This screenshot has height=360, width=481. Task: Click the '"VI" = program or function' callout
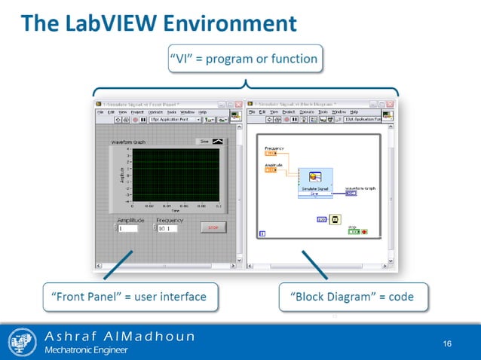tap(243, 58)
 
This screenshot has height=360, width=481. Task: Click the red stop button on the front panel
tap(213, 227)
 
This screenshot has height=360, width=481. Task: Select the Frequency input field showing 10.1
tap(168, 228)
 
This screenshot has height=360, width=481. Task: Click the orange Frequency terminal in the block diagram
tap(271, 153)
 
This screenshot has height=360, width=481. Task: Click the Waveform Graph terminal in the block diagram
tap(351, 193)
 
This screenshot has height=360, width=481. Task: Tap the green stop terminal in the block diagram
tap(355, 231)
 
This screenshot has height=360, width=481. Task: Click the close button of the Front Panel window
tap(238, 104)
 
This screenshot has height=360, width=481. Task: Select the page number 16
tap(447, 344)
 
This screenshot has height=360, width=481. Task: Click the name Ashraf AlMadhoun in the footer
tap(120, 336)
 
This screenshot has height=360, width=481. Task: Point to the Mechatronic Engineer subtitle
tap(86, 350)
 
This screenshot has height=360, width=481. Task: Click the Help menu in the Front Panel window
tap(202, 111)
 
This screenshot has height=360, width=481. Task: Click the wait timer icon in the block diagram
tap(335, 219)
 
